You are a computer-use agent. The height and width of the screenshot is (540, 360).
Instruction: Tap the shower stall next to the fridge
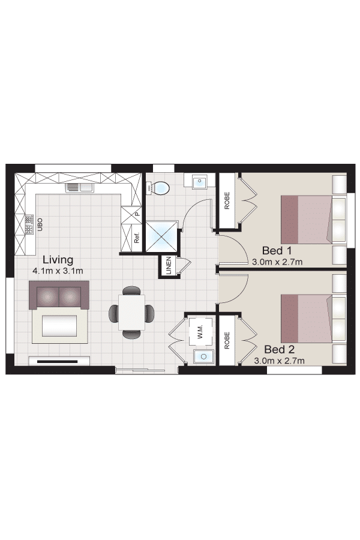point(161,236)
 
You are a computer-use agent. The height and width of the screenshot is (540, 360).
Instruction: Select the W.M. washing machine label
point(200,331)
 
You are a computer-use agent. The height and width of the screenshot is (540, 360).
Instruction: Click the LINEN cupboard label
point(169,265)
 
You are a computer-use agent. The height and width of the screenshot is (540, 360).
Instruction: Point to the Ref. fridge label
point(137,238)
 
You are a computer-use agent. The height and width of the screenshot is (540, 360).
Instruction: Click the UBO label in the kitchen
point(40,224)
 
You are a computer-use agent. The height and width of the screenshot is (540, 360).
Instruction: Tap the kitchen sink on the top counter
point(80,187)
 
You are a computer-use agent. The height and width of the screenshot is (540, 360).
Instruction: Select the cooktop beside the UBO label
point(29,224)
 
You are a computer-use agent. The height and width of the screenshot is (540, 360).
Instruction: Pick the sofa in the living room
point(59,295)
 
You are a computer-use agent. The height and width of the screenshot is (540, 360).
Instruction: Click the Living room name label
point(58,260)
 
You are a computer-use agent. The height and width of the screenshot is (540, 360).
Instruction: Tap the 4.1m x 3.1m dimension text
point(58,271)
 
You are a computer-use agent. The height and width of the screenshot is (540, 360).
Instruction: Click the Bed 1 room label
point(277,250)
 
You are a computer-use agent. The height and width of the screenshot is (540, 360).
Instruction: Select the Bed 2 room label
point(280,350)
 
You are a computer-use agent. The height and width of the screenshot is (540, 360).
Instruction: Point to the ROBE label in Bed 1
point(227,200)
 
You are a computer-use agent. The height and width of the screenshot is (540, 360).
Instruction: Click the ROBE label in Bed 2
point(227,340)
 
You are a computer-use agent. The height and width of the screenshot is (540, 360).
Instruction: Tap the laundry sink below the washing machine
point(203,356)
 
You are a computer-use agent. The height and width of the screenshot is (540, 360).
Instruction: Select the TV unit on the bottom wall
point(59,361)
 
